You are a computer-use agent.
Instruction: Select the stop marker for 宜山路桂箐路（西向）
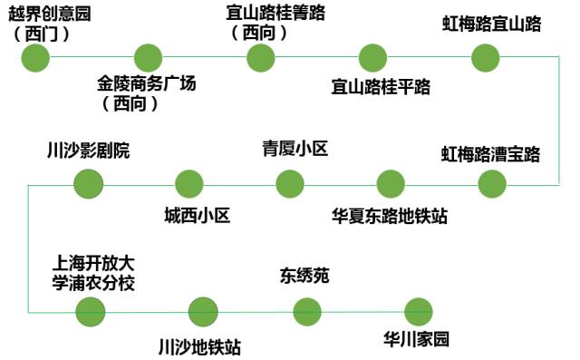click(260, 58)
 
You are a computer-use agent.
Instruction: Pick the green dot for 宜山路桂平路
click(372, 58)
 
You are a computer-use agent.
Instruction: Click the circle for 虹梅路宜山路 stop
click(486, 58)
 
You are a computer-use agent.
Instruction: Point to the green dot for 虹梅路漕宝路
click(492, 184)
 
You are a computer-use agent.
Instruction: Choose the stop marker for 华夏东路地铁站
click(391, 184)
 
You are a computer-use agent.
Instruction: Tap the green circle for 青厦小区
click(290, 184)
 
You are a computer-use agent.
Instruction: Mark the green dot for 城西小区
click(188, 184)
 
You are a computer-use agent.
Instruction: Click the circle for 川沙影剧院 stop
click(88, 184)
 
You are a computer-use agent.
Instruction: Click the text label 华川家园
click(417, 341)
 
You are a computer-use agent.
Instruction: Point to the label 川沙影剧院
click(88, 151)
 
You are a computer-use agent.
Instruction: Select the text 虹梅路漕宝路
click(490, 152)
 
